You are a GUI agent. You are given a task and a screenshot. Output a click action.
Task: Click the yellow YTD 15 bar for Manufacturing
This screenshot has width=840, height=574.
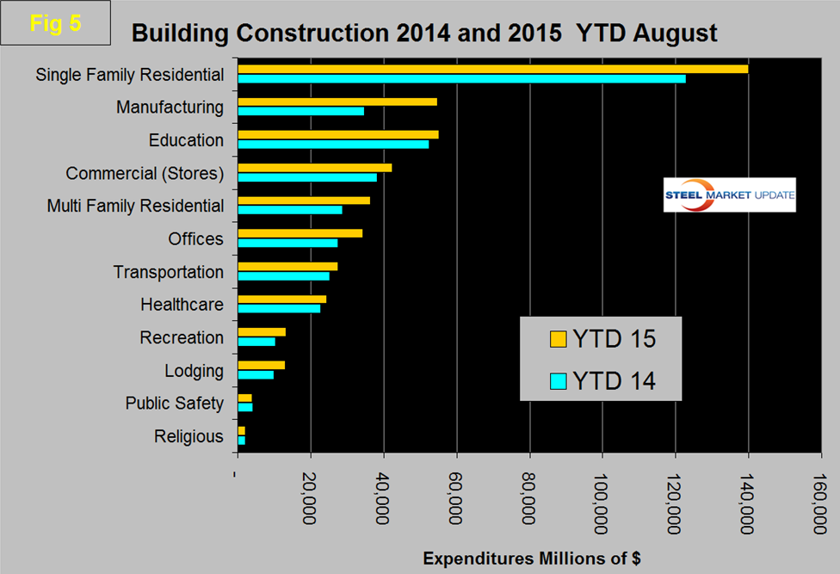[337, 102]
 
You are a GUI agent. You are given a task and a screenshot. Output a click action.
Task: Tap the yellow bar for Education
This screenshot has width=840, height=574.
[338, 134]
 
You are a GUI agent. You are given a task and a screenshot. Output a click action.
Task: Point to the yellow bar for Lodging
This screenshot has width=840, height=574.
[261, 365]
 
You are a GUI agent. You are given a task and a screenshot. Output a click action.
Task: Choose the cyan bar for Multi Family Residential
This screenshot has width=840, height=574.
[290, 210]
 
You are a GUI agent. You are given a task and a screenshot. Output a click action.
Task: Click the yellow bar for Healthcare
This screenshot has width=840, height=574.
[281, 299]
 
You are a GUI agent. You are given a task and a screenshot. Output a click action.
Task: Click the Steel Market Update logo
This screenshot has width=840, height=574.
[730, 195]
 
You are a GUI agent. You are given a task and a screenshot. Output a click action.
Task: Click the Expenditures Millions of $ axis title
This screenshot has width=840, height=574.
[532, 558]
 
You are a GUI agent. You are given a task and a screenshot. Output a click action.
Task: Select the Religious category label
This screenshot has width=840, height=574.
[188, 436]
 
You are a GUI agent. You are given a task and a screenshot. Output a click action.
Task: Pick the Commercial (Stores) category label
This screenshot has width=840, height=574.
[145, 173]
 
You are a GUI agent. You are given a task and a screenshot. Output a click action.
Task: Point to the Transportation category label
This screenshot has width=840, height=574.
[169, 272]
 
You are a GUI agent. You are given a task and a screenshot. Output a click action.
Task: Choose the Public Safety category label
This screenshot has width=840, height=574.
[174, 403]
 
